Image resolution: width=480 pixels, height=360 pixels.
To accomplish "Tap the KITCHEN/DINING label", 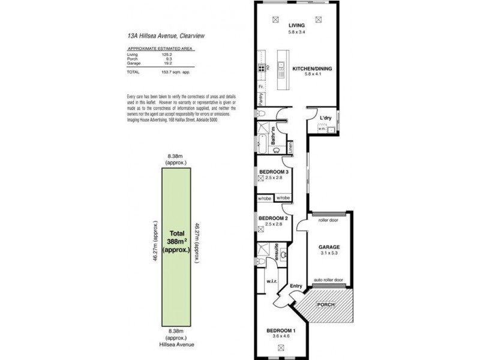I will coord(312,68).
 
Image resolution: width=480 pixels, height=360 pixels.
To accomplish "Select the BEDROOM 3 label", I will coord(274,172).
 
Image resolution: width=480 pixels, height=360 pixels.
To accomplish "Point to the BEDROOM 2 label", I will coord(273,218).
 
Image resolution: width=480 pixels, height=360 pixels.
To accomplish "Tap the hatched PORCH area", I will coord(328,305).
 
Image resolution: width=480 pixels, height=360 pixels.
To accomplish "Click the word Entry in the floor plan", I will coord(296,286).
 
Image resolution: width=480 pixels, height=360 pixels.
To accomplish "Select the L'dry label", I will coord(326,118).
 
